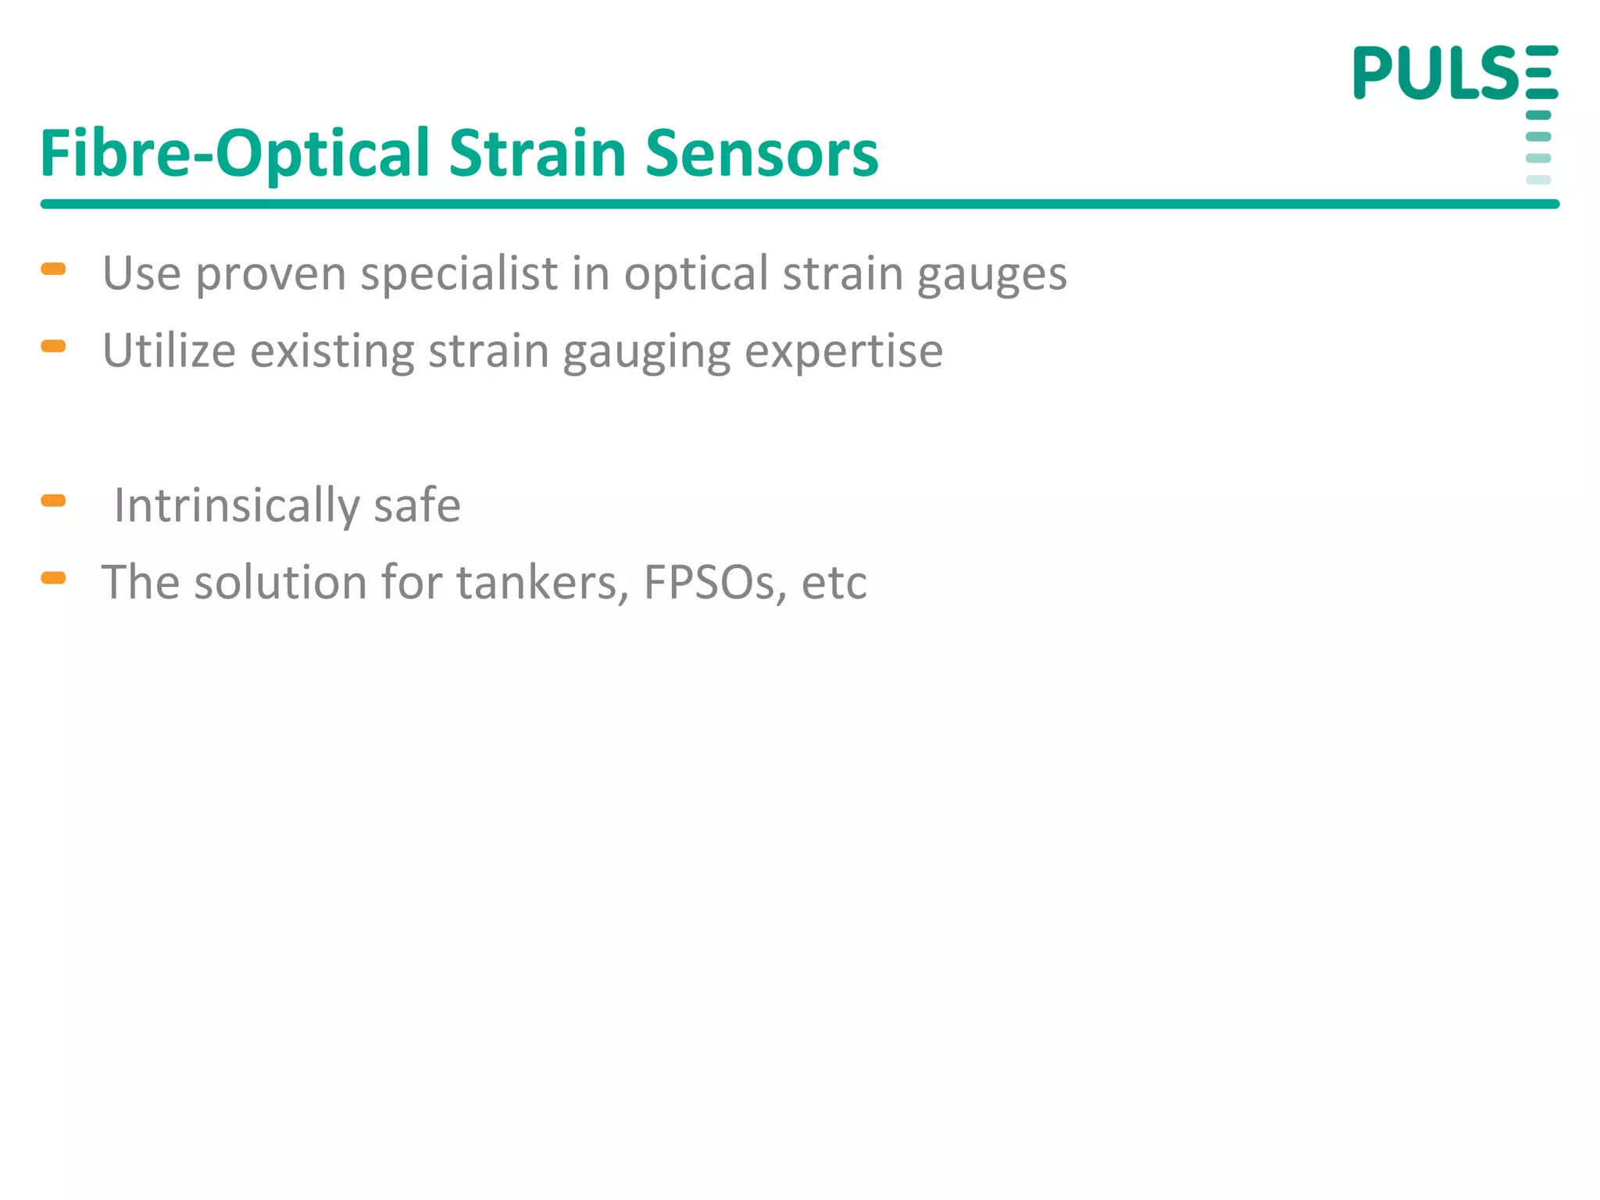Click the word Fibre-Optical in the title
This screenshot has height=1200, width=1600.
[234, 153]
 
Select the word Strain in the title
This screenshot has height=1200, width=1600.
[538, 153]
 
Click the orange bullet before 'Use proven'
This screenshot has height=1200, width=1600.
[53, 270]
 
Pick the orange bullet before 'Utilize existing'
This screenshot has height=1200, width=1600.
[53, 346]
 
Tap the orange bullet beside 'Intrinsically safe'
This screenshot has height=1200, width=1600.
[53, 501]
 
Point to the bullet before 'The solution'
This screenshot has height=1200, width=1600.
[53, 578]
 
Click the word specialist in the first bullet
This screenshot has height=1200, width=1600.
[459, 273]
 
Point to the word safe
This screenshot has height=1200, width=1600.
[417, 505]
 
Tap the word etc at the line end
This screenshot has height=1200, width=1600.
[834, 583]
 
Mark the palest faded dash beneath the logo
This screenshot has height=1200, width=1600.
[1537, 180]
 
